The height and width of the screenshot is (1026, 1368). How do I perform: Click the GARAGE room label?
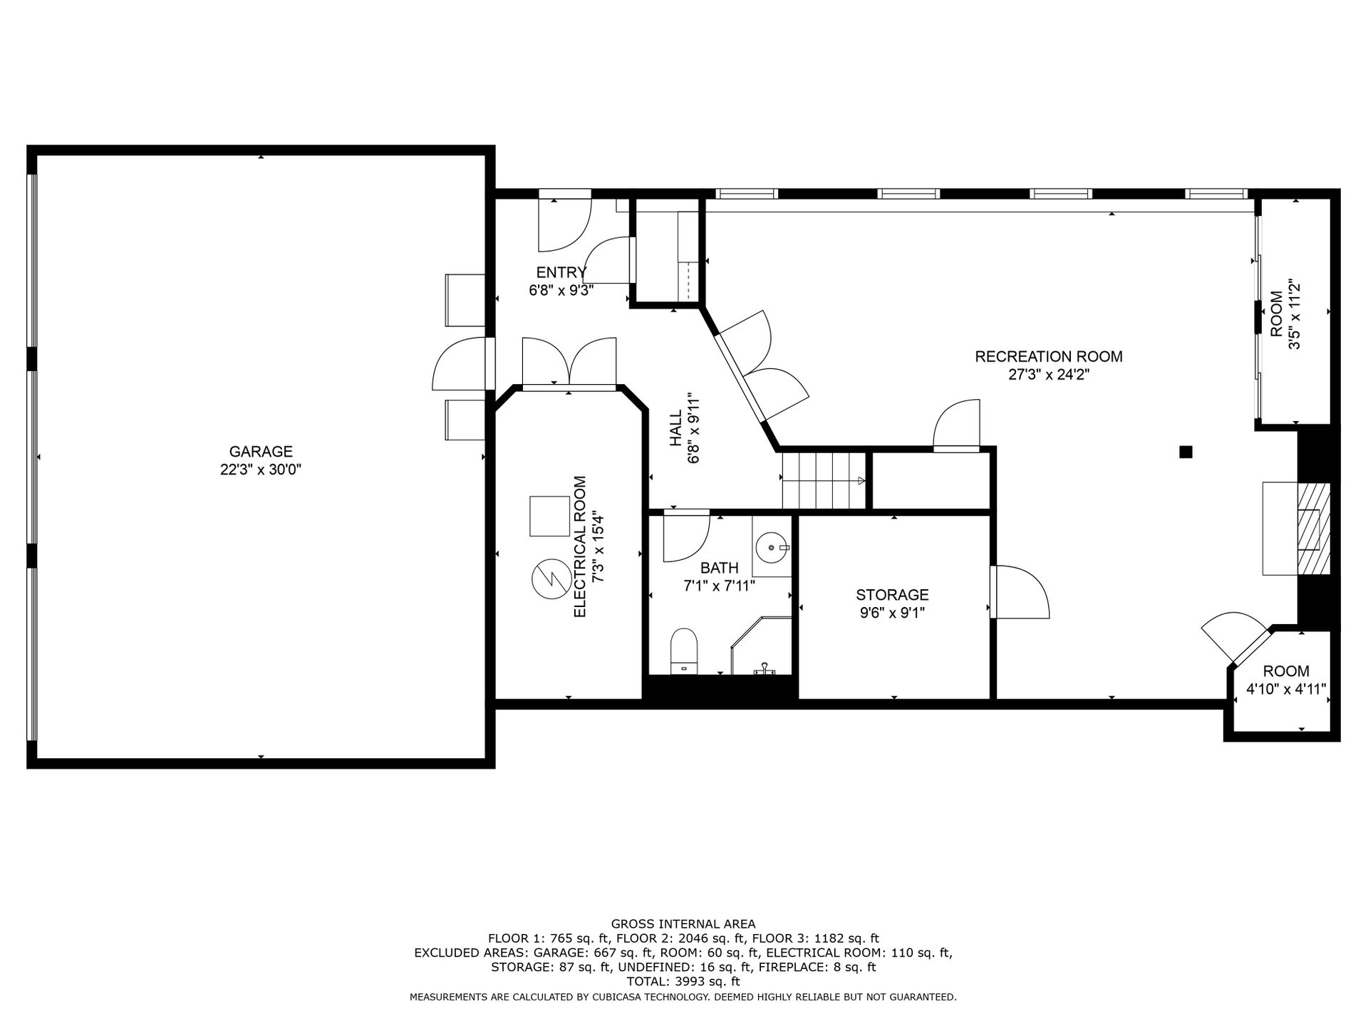coord(261,451)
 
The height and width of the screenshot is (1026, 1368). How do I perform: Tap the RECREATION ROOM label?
coord(1049,356)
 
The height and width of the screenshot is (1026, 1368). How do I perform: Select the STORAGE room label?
coord(892,594)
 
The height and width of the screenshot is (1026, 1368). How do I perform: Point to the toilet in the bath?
coord(683,651)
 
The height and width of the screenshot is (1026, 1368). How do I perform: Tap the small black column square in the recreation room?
coord(1186,452)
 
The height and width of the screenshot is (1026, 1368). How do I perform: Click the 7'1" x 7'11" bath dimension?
coord(719,586)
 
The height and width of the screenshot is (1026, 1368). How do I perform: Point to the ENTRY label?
coord(561,272)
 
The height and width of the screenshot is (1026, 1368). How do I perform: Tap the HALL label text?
coord(675,427)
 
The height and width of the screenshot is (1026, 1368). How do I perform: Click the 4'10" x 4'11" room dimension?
coord(1286,689)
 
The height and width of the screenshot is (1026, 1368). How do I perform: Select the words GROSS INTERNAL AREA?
coord(683,924)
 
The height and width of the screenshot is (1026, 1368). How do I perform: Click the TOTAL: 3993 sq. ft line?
coord(683,981)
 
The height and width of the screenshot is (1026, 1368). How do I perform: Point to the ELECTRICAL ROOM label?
coord(579,546)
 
